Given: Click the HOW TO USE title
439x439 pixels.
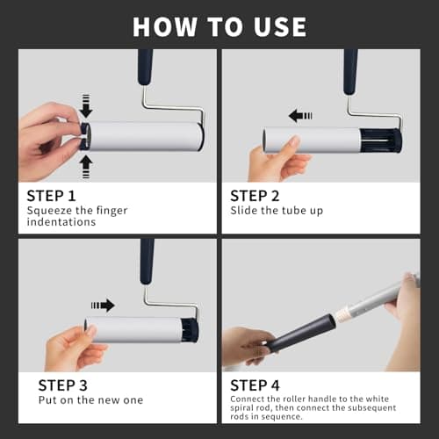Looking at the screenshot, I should tap(219, 25).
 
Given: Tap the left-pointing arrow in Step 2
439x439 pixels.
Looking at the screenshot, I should tap(301, 115).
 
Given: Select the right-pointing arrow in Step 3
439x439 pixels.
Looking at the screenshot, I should tap(103, 305).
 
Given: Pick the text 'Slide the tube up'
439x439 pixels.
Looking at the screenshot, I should tap(276, 211).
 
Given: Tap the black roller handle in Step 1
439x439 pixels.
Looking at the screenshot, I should tap(145, 66).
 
